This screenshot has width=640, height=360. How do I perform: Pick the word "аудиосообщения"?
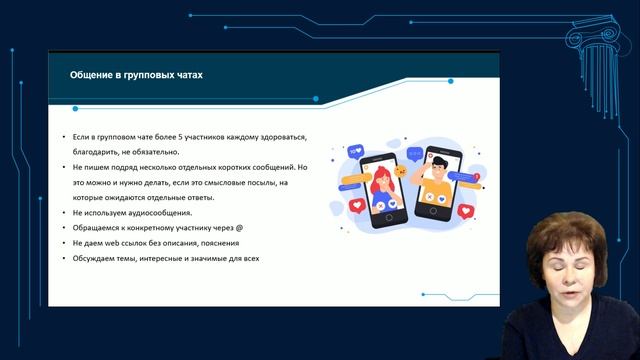pos(159,213)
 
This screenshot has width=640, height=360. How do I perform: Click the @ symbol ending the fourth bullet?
pos(239,228)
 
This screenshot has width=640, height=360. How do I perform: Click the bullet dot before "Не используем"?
pos(64,213)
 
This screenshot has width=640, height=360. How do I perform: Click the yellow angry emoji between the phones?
pos(400,171)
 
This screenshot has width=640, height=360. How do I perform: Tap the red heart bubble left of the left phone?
pos(357,205)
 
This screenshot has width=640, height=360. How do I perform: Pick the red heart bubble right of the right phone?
pos(464,211)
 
